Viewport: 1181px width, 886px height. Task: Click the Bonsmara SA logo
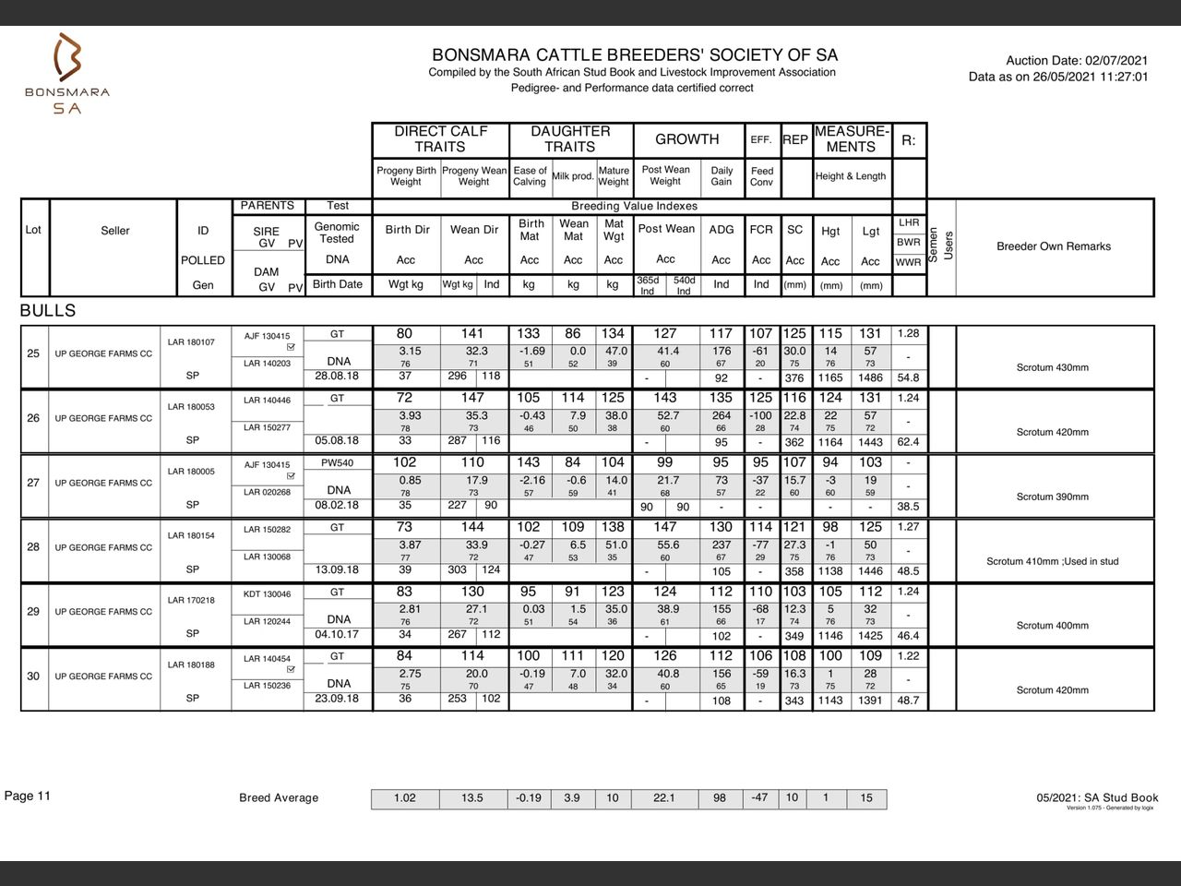point(66,74)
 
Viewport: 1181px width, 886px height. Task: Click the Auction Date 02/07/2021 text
point(1077,60)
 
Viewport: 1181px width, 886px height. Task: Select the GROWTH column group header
point(686,139)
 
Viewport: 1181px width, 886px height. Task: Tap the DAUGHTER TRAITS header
point(569,139)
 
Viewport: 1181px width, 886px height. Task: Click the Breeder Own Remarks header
point(1053,246)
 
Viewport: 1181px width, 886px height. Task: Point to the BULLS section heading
point(48,311)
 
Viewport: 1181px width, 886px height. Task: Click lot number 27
point(33,483)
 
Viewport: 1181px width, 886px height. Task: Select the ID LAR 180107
point(191,342)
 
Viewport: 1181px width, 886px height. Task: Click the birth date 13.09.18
point(337,569)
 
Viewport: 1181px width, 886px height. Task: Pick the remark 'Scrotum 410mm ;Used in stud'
point(1052,561)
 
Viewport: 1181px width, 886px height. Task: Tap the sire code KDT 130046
point(267,594)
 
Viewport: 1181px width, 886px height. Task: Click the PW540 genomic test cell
point(337,463)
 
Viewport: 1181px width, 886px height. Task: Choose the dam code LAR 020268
point(267,492)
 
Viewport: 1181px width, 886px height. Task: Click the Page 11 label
point(28,796)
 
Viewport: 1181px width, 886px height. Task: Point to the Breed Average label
point(279,798)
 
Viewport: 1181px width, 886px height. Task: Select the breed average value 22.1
point(663,798)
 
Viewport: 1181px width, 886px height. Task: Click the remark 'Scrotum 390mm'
point(1052,497)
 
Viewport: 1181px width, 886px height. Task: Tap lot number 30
point(33,676)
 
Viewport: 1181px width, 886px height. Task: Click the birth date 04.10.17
point(337,634)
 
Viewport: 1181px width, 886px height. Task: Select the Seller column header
point(115,231)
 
